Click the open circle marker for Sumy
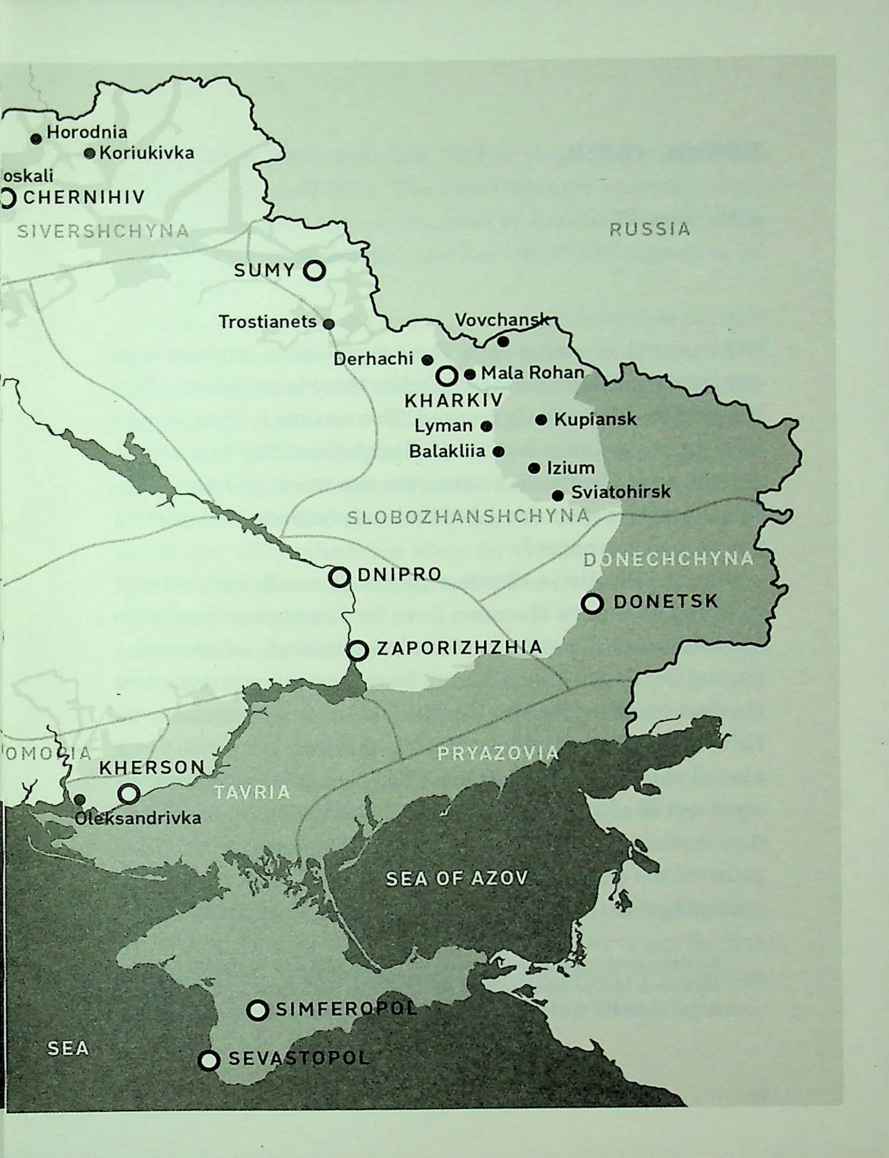pos(314,271)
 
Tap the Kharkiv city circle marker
pos(447,376)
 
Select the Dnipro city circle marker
pos(339,576)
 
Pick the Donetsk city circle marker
pos(592,603)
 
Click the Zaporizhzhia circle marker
pos(358,650)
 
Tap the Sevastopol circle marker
pos(208,1060)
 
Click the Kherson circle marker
pos(129,794)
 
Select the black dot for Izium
pos(534,468)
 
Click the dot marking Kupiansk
pos(541,420)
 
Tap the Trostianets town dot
pos(329,323)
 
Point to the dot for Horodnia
pos(36,139)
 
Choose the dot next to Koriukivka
pos(90,153)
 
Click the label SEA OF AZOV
pos(456,879)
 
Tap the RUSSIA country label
pos(649,229)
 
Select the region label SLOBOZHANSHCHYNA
pos(468,516)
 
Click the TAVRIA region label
pos(252,792)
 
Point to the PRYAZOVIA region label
pos(497,753)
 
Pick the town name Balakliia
pos(447,451)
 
